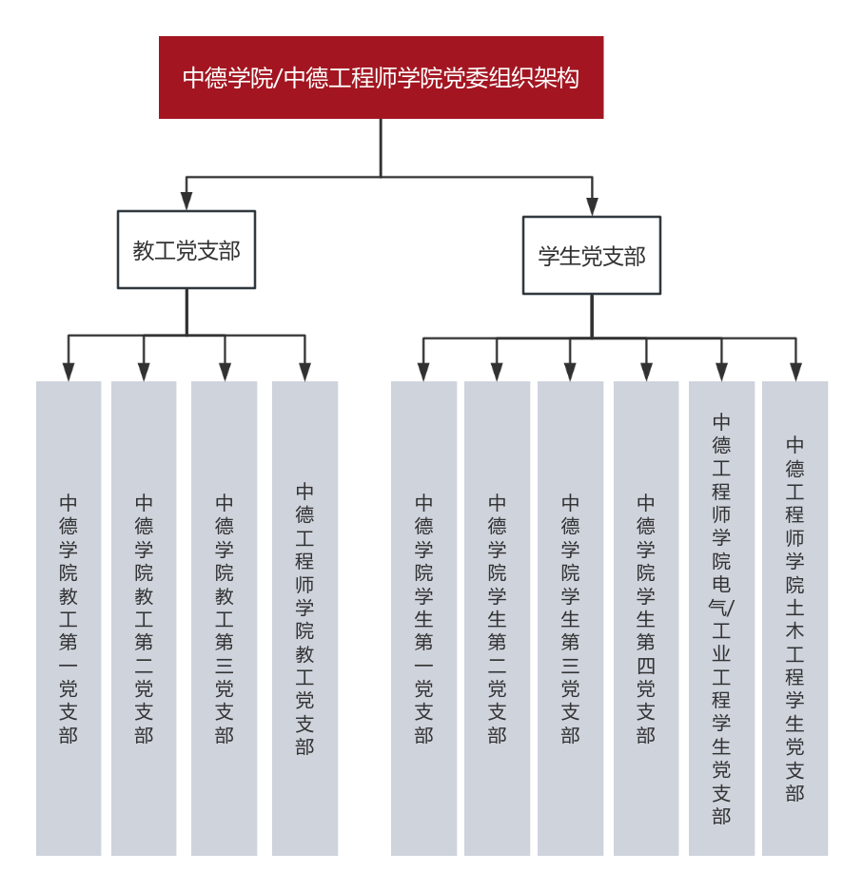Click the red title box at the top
tap(381, 77)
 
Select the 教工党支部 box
tap(186, 250)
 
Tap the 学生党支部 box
tap(592, 256)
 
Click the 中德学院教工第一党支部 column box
tap(69, 618)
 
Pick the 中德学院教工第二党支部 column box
tap(144, 618)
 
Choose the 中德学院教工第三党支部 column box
tap(225, 618)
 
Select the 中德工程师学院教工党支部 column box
tap(304, 618)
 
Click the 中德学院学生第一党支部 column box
tap(423, 618)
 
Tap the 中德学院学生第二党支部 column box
tap(497, 618)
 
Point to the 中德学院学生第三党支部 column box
tap(570, 618)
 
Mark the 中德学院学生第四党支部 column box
tap(646, 618)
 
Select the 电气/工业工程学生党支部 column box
tap(721, 618)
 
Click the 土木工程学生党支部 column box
tap(795, 618)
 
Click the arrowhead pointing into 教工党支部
tap(186, 201)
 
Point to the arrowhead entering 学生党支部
tap(592, 206)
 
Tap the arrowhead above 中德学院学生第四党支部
tap(646, 372)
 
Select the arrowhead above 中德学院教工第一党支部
tap(69, 372)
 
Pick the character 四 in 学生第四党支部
tap(646, 666)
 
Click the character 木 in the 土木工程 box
tap(795, 631)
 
